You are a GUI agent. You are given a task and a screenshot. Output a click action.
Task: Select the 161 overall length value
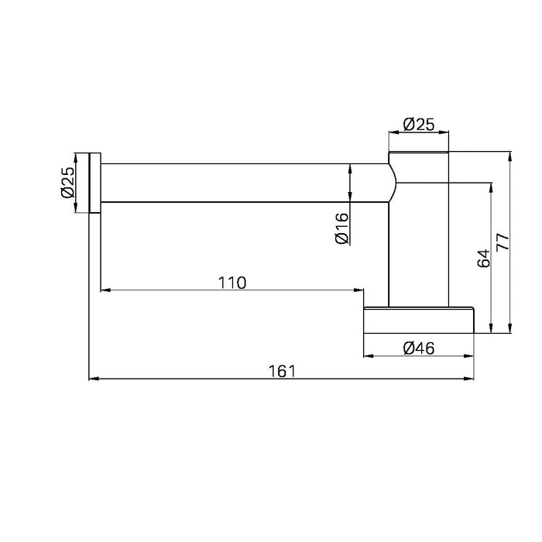[x=282, y=371]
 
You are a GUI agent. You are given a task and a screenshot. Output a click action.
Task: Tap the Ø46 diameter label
[x=418, y=348]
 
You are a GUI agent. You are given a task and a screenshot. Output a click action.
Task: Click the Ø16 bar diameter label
[x=341, y=229]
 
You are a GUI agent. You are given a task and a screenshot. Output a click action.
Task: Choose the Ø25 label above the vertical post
[x=419, y=123]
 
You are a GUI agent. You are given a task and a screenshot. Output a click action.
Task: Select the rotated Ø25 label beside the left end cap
[x=68, y=183]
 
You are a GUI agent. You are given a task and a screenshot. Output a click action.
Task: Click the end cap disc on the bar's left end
[x=95, y=183]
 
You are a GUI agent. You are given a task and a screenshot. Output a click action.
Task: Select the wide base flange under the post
[x=418, y=321]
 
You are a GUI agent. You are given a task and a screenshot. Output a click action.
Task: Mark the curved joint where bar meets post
[x=393, y=183]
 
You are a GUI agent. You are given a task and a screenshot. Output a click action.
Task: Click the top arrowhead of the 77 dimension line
[x=509, y=155]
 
